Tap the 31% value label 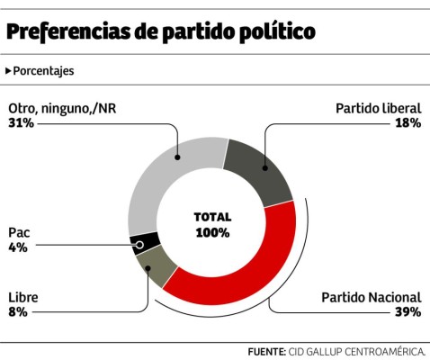point(21,122)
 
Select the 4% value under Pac point(17,247)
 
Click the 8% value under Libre point(17,311)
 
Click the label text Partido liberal point(378,108)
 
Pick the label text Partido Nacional point(372,297)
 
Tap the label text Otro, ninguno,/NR point(62,108)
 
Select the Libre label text point(22,297)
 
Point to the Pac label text point(18,232)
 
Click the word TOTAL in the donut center point(212,217)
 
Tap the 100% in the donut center point(212,232)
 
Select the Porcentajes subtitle point(43,70)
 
